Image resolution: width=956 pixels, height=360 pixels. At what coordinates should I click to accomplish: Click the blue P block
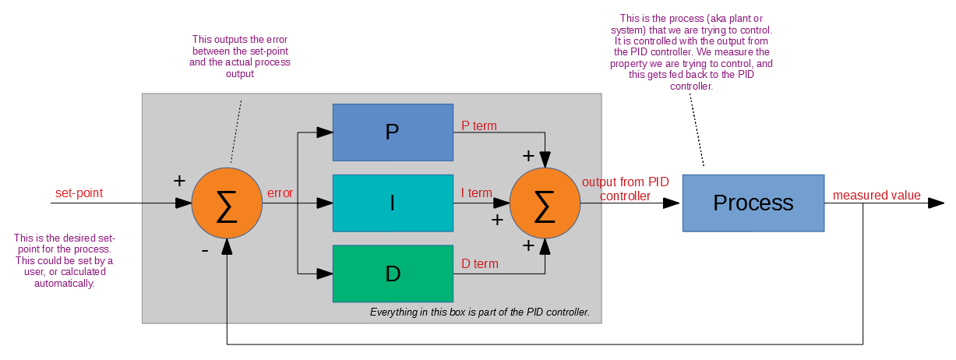coord(393,132)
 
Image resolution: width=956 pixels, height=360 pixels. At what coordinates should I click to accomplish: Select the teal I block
coord(393,203)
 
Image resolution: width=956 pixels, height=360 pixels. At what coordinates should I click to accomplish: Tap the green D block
coord(393,274)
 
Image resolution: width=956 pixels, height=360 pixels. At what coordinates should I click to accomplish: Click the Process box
coord(753,203)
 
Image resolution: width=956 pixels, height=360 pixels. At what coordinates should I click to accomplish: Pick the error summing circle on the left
coord(227,203)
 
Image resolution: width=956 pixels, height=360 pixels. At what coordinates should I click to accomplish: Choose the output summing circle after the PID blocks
coord(545,203)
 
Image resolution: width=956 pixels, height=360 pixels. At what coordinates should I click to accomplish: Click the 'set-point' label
coord(79,192)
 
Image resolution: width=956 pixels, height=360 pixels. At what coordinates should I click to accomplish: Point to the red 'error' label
coord(280,192)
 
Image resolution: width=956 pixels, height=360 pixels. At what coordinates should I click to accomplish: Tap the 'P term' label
coord(479,125)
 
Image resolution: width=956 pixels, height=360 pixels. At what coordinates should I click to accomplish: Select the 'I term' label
coord(477,192)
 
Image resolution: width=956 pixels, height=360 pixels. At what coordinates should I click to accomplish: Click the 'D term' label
coord(480,263)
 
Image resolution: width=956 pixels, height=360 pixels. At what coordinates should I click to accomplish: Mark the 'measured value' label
coord(877,196)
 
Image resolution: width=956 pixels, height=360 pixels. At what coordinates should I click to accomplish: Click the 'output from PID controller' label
coord(625,189)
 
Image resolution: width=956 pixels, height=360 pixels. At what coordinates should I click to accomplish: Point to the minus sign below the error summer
coord(204,251)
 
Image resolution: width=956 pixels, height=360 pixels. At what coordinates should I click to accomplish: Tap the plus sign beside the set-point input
coord(179,181)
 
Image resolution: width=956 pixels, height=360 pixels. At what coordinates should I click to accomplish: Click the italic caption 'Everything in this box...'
coord(479,312)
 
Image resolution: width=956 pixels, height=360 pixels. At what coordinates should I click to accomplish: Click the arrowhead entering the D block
coord(324,274)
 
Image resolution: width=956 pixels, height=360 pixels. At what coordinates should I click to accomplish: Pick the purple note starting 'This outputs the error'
coord(241,56)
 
